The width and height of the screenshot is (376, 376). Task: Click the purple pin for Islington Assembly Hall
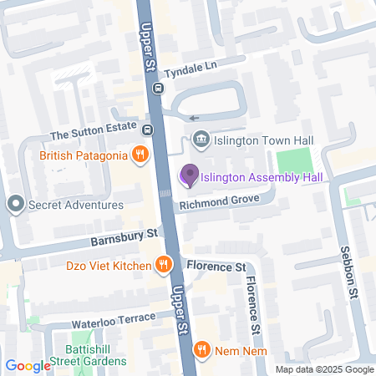tap(189, 175)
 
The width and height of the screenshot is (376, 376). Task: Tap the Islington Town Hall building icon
tap(200, 139)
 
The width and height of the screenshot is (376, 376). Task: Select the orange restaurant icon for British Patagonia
tap(140, 155)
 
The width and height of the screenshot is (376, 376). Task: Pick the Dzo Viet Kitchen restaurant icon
tap(164, 265)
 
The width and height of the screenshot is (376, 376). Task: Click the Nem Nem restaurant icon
tap(201, 349)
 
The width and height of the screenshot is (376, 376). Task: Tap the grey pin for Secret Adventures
tap(15, 204)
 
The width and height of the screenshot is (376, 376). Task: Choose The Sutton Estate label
tap(93, 134)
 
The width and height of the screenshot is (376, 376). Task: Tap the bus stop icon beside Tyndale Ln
tap(157, 87)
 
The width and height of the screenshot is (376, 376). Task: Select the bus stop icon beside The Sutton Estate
tap(147, 130)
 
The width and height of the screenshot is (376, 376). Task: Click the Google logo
tap(28, 365)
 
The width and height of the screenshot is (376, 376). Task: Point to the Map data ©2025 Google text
tap(325, 369)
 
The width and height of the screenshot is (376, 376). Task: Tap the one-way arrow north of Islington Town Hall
tap(194, 118)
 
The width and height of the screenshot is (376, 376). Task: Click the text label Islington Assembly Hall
tap(262, 176)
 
